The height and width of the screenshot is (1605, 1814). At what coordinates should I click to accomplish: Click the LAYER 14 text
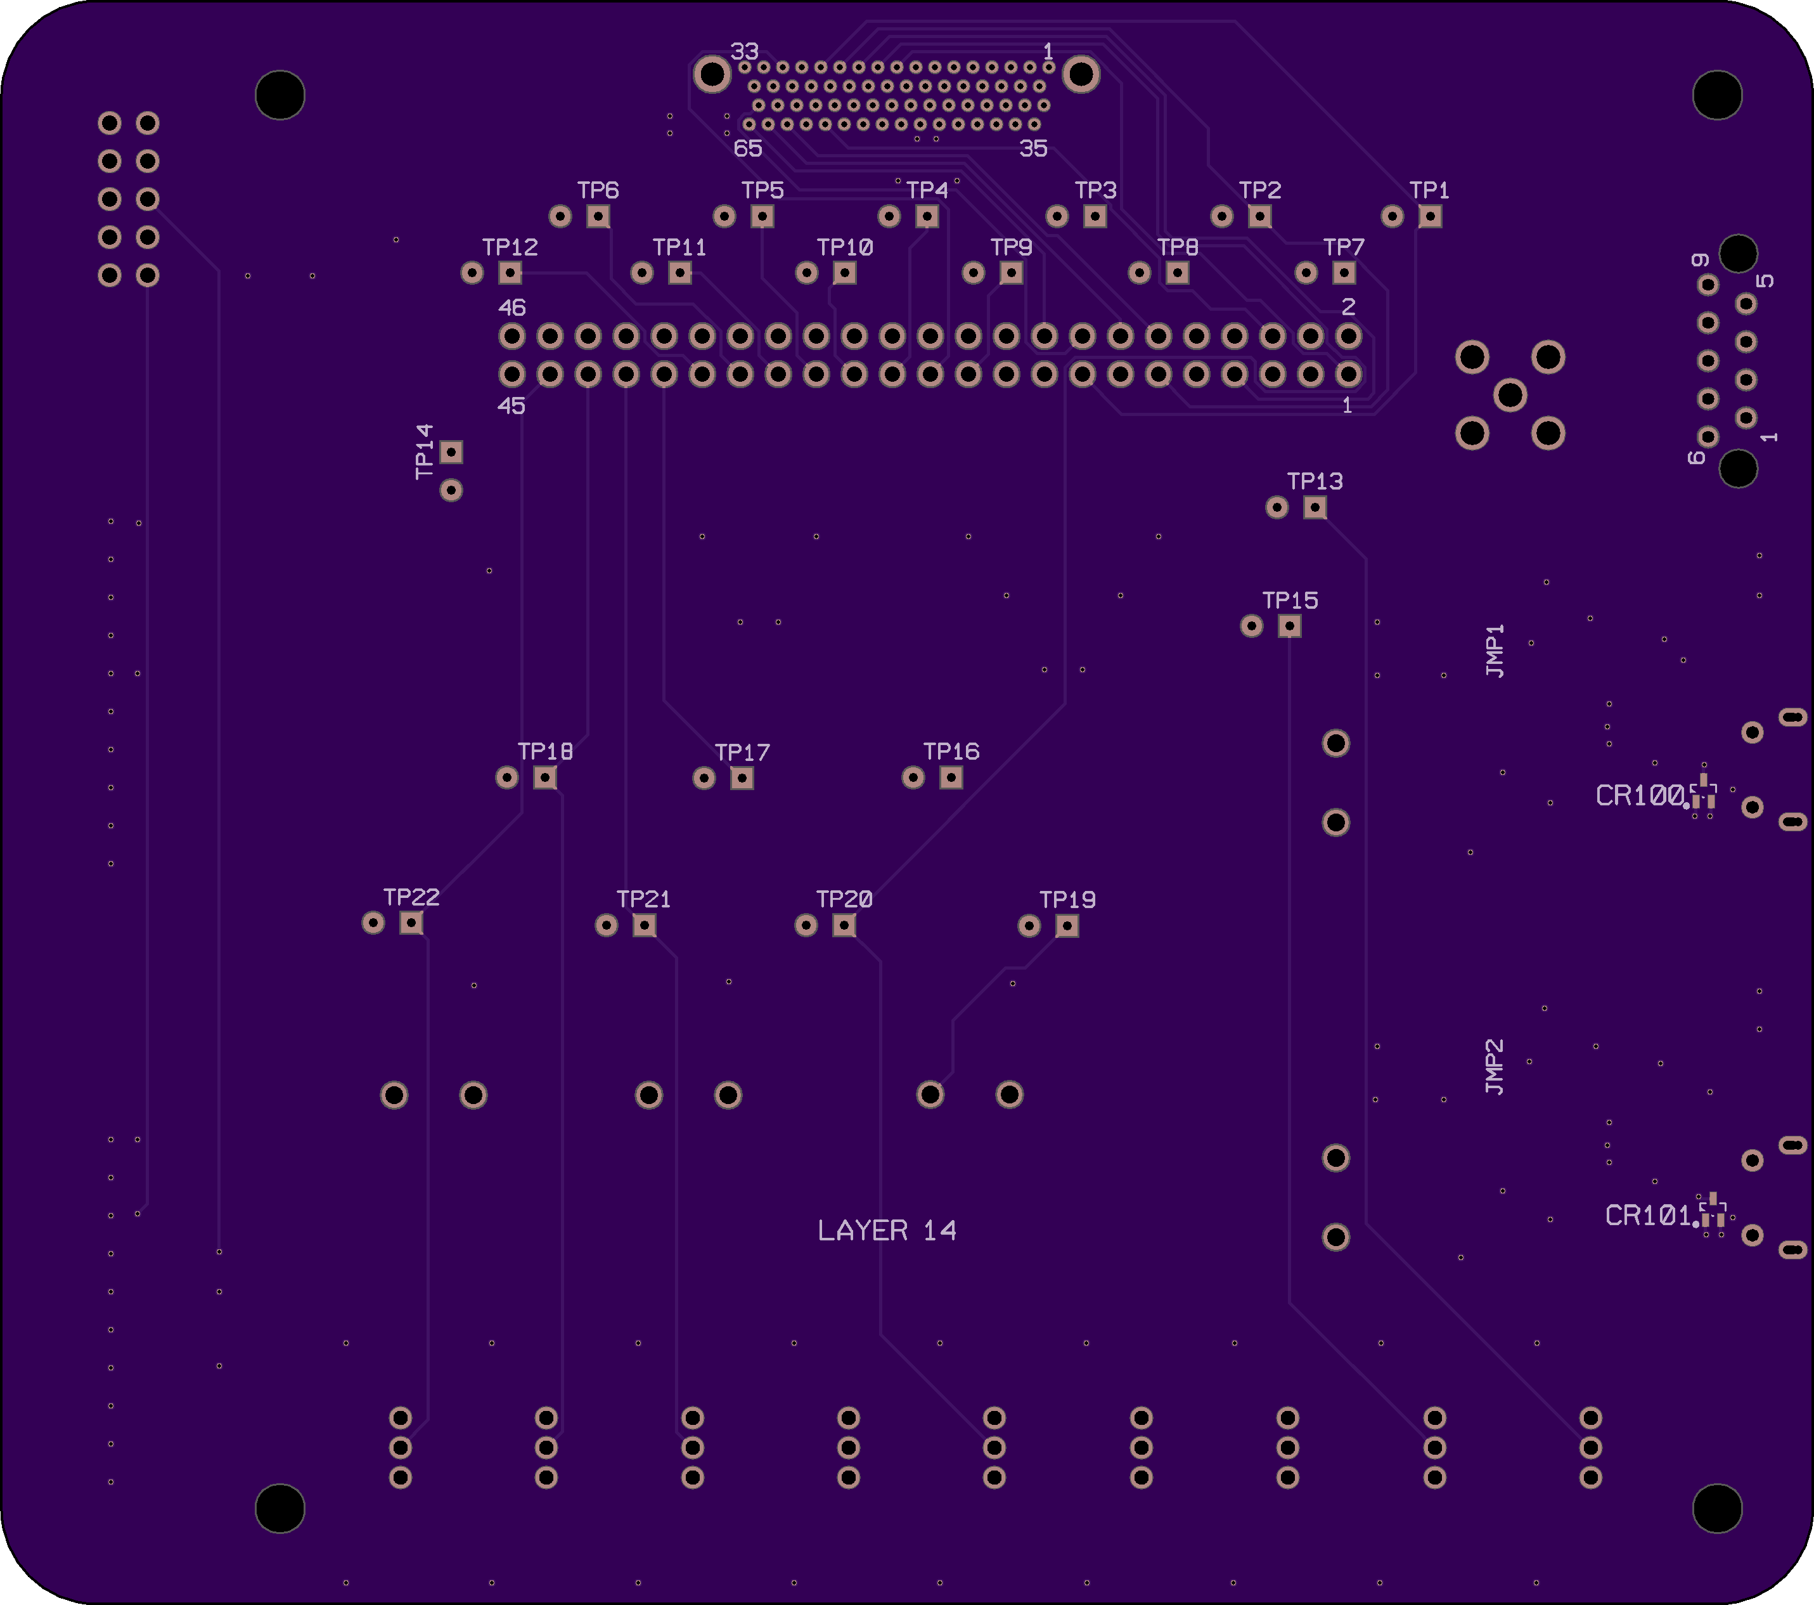point(887,1230)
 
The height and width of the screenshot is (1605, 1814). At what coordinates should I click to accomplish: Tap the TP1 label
point(1429,190)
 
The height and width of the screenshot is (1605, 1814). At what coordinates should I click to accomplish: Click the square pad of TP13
point(1315,507)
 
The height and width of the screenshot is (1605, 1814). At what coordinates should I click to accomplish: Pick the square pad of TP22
point(411,923)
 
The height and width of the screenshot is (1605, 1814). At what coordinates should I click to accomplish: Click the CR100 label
point(1639,795)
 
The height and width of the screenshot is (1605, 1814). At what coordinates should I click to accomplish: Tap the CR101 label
point(1648,1215)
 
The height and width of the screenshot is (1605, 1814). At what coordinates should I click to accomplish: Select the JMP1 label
point(1495,651)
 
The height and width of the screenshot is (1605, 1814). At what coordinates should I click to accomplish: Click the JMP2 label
point(1495,1066)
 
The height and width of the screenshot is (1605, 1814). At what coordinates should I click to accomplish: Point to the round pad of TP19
point(1029,926)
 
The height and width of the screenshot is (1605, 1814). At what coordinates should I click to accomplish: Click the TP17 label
point(742,753)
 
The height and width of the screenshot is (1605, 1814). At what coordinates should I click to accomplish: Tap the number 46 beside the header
point(512,307)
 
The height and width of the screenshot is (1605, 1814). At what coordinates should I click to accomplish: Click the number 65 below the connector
point(747,148)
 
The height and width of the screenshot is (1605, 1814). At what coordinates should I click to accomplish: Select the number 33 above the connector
point(745,51)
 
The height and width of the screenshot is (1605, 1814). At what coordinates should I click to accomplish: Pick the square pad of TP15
point(1289,626)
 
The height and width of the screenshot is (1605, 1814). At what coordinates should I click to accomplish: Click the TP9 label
point(1011,247)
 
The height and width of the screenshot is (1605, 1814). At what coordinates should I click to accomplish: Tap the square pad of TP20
point(844,925)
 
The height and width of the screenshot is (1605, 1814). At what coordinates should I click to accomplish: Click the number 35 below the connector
point(1033,148)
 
